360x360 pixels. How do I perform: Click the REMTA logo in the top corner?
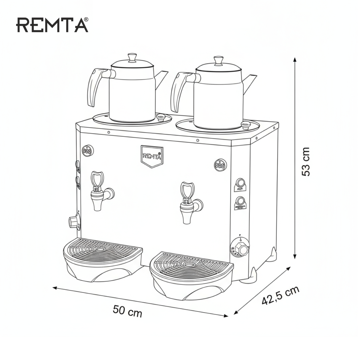click(x=52, y=25)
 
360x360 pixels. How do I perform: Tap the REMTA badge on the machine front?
click(x=152, y=156)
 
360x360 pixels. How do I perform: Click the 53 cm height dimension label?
click(x=306, y=162)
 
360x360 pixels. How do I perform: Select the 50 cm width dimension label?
click(x=127, y=311)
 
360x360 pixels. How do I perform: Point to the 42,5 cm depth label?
click(x=280, y=295)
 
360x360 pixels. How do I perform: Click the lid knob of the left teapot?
click(x=132, y=57)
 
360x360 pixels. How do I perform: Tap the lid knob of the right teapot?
click(x=218, y=60)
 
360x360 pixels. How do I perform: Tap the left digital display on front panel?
click(x=87, y=151)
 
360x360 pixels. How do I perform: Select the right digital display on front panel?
click(x=220, y=165)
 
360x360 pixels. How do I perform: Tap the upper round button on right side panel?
click(x=240, y=183)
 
